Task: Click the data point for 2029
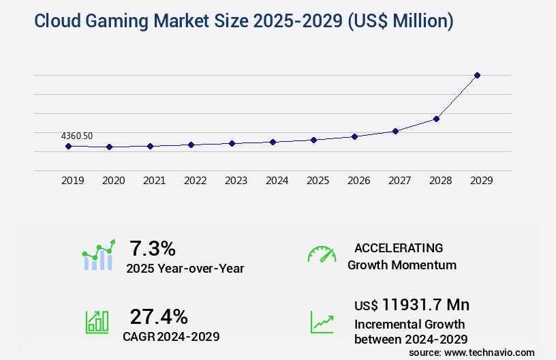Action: click(x=477, y=75)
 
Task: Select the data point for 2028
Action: click(x=436, y=119)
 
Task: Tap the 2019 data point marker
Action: click(x=68, y=146)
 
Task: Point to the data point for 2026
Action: click(x=354, y=136)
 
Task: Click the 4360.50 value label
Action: click(x=76, y=136)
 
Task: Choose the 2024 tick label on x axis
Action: click(x=277, y=181)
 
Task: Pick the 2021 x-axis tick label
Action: click(x=154, y=181)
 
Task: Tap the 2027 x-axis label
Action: click(x=399, y=181)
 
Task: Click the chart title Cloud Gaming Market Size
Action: click(x=243, y=21)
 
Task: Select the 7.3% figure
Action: click(x=153, y=248)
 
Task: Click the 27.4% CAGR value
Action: click(x=158, y=316)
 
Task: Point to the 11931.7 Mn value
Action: click(x=425, y=304)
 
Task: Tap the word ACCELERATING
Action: click(x=399, y=247)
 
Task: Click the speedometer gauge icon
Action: click(x=322, y=254)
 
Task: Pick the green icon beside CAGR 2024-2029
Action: click(x=97, y=322)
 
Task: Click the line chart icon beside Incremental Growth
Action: click(x=322, y=322)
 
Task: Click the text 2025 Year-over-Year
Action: click(x=185, y=269)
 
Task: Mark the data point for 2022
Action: click(x=191, y=145)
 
